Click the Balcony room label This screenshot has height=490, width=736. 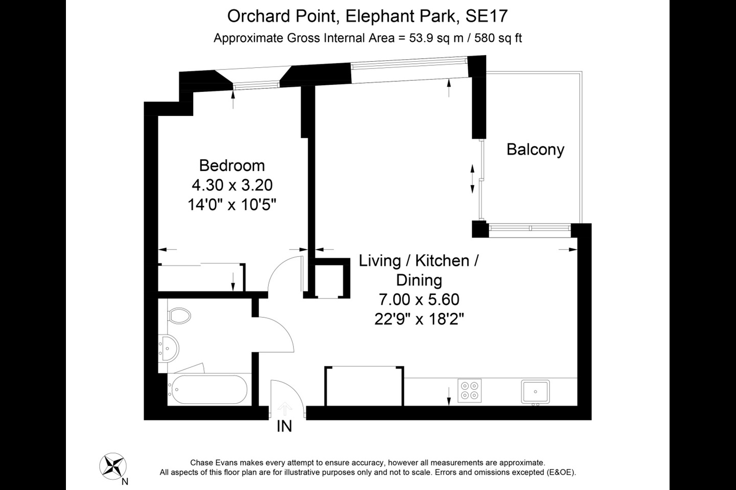[x=535, y=150]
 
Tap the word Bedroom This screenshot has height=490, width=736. [x=232, y=165]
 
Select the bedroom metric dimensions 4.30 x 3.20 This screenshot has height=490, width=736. [x=232, y=185]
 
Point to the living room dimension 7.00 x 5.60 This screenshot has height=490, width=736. [x=419, y=300]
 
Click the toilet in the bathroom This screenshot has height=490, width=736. [x=179, y=315]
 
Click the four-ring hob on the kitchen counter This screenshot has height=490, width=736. [x=469, y=390]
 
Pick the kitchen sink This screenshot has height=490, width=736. [x=535, y=391]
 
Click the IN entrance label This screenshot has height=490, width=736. [x=284, y=426]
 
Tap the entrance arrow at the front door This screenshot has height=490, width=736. [x=284, y=408]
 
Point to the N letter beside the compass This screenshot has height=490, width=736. [x=125, y=481]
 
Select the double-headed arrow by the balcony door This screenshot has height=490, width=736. [x=472, y=179]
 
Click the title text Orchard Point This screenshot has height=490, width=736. [x=282, y=16]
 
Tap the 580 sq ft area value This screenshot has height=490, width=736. [x=498, y=38]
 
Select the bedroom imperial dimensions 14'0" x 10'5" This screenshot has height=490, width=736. [x=232, y=205]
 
